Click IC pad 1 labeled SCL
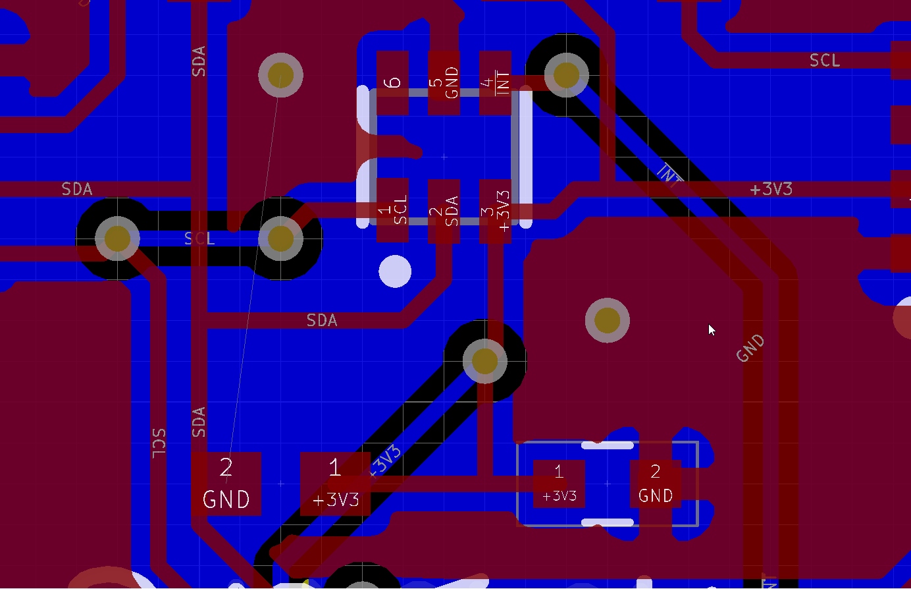click(392, 210)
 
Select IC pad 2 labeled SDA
click(444, 210)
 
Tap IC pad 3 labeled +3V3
click(495, 211)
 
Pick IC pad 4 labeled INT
click(495, 82)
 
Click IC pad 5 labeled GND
click(444, 82)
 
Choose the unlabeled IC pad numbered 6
click(392, 82)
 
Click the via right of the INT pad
click(566, 75)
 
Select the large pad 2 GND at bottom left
click(226, 484)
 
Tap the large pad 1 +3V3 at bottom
click(335, 484)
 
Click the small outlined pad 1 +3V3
click(559, 484)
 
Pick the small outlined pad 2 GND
click(655, 484)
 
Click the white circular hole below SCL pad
click(395, 271)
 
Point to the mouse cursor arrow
click(711, 329)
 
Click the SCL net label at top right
click(824, 61)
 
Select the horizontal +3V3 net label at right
click(771, 189)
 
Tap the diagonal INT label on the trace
click(669, 175)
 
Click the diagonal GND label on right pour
click(750, 348)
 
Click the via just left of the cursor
click(607, 320)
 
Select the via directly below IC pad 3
click(485, 360)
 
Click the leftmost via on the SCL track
click(117, 238)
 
